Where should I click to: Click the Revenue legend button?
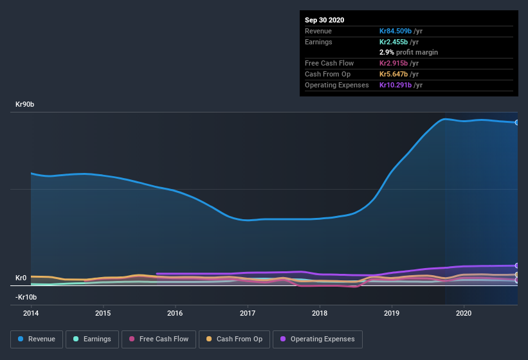click(x=37, y=339)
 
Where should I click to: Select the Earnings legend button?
click(x=91, y=339)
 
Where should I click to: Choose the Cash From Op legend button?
click(x=234, y=339)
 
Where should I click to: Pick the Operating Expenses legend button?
click(x=318, y=339)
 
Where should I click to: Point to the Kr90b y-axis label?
click(x=26, y=104)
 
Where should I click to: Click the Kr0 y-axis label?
click(x=21, y=278)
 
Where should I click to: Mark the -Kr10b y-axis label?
click(x=26, y=297)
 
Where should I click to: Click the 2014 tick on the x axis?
click(x=31, y=314)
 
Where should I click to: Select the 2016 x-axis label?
click(x=175, y=314)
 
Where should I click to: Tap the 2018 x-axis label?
click(x=320, y=314)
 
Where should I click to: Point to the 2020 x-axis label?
click(x=464, y=314)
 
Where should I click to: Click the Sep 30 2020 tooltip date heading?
click(x=324, y=20)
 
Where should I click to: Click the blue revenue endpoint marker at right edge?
click(x=517, y=122)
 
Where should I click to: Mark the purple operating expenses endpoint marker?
click(x=517, y=265)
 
